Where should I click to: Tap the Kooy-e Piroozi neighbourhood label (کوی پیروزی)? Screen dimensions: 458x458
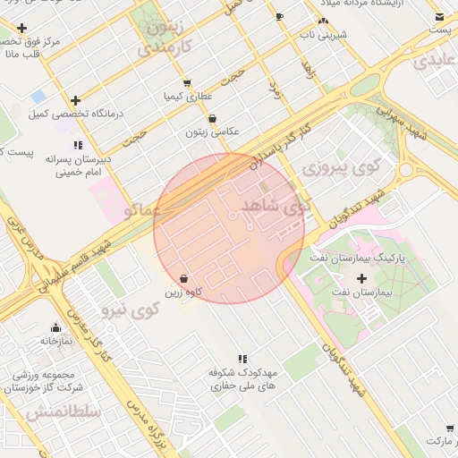(x=341, y=166)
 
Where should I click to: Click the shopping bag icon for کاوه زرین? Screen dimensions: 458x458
(x=183, y=278)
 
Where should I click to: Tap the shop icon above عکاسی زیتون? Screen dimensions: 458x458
(x=212, y=118)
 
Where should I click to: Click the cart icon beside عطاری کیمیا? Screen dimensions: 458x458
(x=187, y=82)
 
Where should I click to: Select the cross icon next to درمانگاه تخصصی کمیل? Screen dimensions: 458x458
(x=75, y=101)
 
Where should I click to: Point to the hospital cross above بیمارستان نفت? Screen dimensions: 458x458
(x=361, y=303)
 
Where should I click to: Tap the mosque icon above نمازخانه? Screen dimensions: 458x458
(x=55, y=327)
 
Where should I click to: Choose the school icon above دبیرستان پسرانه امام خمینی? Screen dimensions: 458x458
(x=79, y=145)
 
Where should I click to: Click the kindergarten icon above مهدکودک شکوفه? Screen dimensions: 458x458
(x=242, y=359)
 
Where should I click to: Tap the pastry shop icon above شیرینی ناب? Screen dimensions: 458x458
(x=323, y=21)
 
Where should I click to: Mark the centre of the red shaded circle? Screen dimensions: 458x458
(x=229, y=228)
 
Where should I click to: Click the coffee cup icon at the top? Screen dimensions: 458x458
(x=280, y=16)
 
